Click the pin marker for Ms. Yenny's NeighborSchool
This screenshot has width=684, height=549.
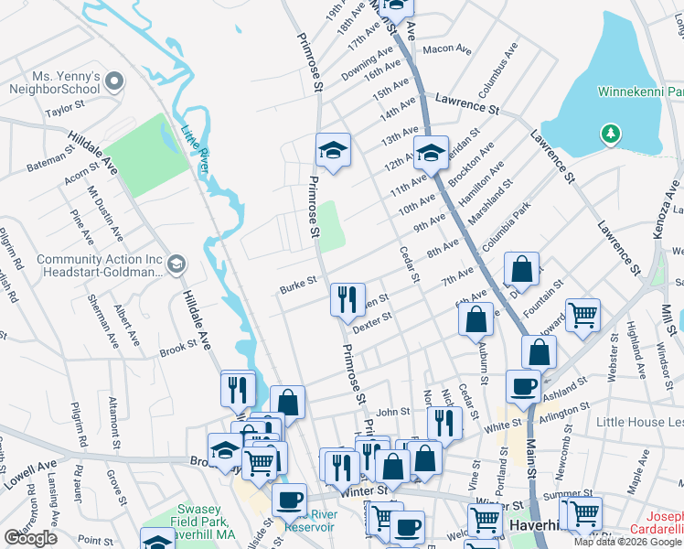click(x=114, y=82)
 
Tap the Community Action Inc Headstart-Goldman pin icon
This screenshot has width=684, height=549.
click(x=176, y=264)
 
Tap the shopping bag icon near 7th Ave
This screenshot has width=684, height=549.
click(x=521, y=270)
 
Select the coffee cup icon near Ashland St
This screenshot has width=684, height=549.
click(x=523, y=386)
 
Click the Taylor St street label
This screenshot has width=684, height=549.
click(x=65, y=108)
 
